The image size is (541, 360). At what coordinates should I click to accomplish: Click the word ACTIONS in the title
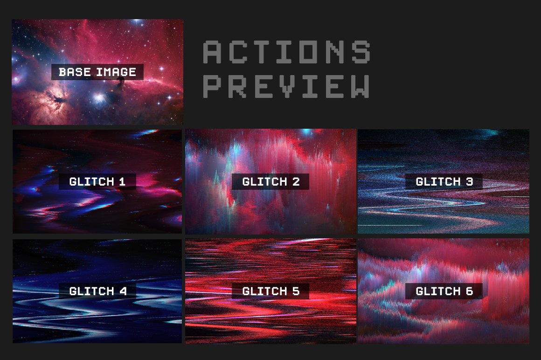pyautogui.click(x=287, y=52)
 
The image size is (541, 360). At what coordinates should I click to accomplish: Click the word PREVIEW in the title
pyautogui.click(x=287, y=86)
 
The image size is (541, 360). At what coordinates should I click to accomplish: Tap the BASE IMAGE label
pyautogui.click(x=97, y=72)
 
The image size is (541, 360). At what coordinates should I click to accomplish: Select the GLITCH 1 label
pyautogui.click(x=97, y=181)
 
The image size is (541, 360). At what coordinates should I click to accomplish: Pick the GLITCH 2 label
pyautogui.click(x=270, y=181)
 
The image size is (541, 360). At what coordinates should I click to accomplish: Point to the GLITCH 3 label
pyautogui.click(x=444, y=181)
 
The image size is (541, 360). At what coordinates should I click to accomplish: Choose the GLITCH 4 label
pyautogui.click(x=97, y=291)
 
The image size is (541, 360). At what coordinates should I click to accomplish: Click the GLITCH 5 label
pyautogui.click(x=270, y=291)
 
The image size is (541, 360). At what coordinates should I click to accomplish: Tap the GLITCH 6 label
pyautogui.click(x=444, y=291)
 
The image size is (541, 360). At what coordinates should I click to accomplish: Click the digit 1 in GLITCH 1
pyautogui.click(x=122, y=181)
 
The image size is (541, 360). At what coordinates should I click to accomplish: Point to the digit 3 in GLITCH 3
pyautogui.click(x=469, y=181)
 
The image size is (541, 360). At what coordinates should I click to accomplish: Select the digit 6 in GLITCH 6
pyautogui.click(x=469, y=291)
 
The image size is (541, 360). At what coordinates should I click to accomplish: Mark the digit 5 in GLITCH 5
pyautogui.click(x=296, y=291)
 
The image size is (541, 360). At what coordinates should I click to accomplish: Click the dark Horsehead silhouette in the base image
pyautogui.click(x=121, y=84)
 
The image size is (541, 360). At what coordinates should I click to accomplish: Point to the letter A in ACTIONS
pyautogui.click(x=212, y=52)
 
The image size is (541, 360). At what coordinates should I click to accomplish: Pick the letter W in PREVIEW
pyautogui.click(x=360, y=86)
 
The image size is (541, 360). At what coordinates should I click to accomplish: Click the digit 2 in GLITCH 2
pyautogui.click(x=296, y=181)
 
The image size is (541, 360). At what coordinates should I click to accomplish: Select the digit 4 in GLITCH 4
pyautogui.click(x=123, y=291)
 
